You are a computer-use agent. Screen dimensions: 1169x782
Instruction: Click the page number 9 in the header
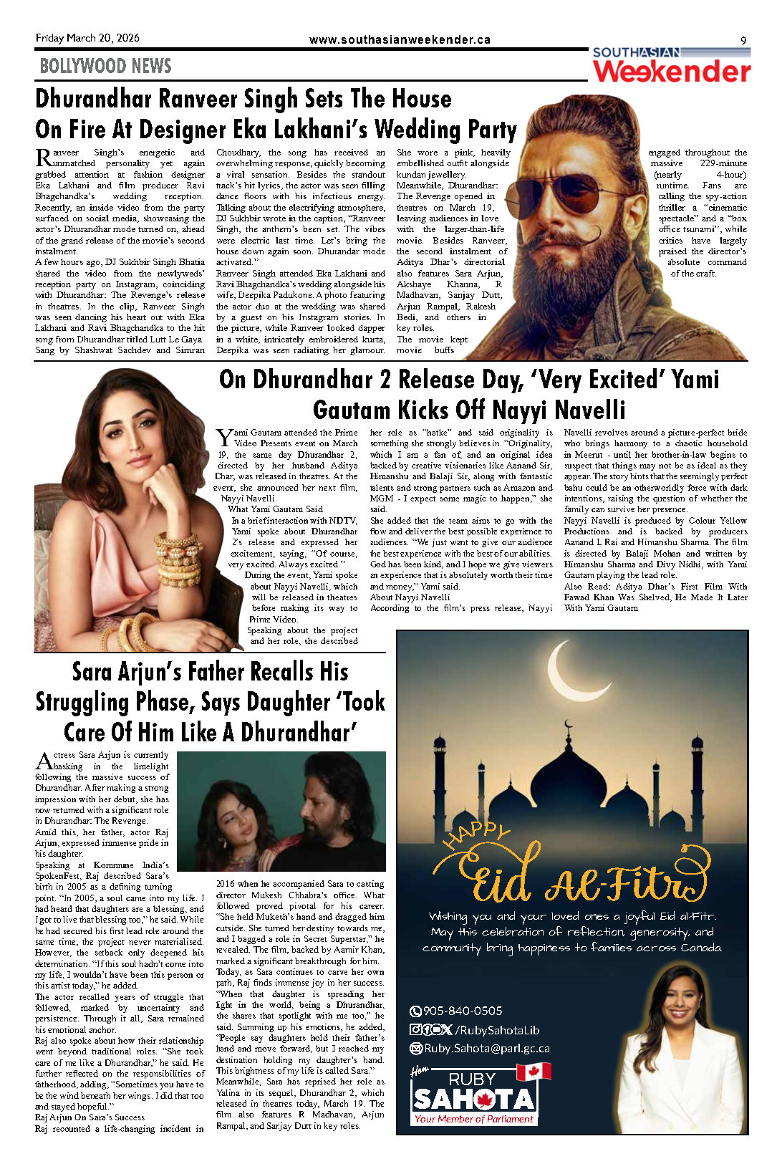(x=743, y=40)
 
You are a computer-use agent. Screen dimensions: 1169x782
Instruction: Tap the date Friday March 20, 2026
(x=87, y=38)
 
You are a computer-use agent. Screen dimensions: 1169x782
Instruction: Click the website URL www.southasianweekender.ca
(x=400, y=40)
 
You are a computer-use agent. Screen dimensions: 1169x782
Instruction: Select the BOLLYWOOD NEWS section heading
(x=105, y=67)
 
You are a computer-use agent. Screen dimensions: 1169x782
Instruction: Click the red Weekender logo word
(x=672, y=72)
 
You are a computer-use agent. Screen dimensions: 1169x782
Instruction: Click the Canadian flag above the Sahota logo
(x=534, y=1072)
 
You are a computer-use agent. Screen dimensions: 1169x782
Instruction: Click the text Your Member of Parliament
(x=473, y=1119)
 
